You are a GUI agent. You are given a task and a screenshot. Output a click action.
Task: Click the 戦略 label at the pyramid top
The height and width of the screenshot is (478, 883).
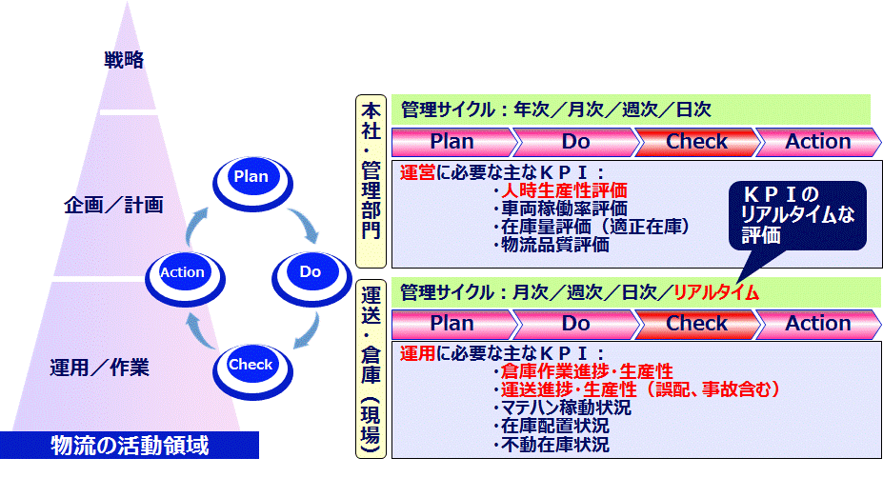pos(124,61)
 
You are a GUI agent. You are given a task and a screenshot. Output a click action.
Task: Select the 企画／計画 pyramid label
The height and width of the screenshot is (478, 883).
pos(113,205)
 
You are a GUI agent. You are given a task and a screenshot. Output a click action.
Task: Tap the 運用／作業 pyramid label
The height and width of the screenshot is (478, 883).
pos(99,368)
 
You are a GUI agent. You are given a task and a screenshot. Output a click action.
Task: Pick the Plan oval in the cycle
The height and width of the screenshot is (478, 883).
pos(251,177)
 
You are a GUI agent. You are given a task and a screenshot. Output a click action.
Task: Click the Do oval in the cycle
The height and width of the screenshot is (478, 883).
pos(311,273)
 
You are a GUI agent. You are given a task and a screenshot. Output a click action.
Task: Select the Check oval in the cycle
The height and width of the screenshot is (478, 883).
pos(251,366)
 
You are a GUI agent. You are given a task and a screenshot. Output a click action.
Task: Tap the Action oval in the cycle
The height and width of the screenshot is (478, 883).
pos(182,273)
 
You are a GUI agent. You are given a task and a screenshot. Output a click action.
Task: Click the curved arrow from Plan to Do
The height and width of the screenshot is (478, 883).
pos(308,220)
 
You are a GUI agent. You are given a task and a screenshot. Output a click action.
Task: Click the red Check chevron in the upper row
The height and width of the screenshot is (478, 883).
pos(696,142)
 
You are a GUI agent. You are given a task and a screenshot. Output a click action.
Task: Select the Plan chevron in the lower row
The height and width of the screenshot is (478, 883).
pos(452,324)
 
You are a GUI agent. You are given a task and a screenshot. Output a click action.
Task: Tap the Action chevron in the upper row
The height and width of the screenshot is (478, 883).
pos(817,142)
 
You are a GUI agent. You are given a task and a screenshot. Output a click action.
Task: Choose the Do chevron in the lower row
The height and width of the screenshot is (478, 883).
pos(575,324)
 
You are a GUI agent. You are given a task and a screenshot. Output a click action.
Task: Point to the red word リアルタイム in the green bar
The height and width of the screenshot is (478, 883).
pos(715,293)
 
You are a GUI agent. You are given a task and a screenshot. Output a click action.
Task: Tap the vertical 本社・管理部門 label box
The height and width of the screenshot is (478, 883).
pos(370,181)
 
